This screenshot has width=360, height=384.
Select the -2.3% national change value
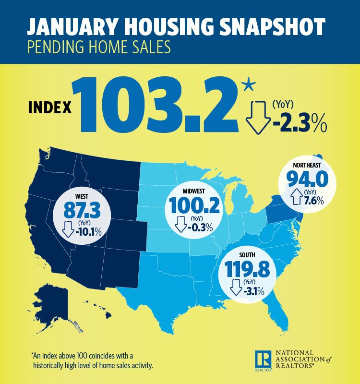pyautogui.click(x=298, y=126)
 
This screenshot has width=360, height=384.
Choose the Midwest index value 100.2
pyautogui.click(x=193, y=206)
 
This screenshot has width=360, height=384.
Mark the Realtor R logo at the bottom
pyautogui.click(x=263, y=359)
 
